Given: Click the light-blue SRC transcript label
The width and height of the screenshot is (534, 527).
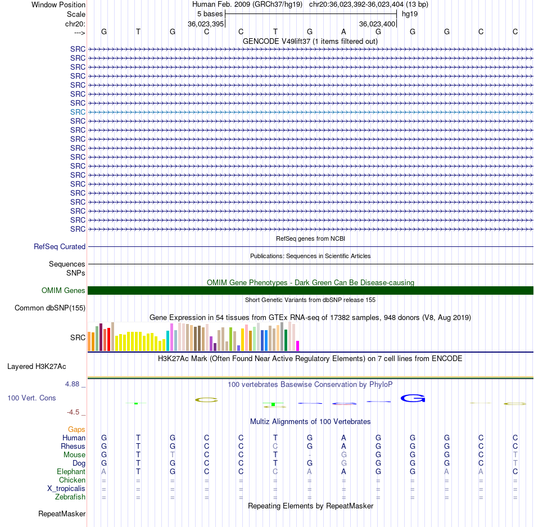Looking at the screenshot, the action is point(78,112).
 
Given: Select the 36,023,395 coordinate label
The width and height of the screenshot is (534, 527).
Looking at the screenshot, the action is point(206,24).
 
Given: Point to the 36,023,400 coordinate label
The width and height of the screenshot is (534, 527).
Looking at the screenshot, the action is point(377,24).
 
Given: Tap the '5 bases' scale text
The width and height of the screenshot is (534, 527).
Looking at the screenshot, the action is point(210,14).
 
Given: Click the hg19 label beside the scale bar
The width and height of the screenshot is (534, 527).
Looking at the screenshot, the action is point(410,14).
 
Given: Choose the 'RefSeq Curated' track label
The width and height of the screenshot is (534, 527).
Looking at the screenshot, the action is point(60,247).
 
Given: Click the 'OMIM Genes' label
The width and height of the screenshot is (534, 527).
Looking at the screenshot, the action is point(64,291).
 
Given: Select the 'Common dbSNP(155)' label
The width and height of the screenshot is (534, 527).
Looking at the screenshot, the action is point(50,308).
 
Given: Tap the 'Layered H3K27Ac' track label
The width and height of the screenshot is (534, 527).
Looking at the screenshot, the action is point(37,367).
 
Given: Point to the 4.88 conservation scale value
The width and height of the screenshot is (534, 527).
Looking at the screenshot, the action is point(72,384).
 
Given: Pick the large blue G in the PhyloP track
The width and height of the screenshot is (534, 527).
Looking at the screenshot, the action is point(413,398).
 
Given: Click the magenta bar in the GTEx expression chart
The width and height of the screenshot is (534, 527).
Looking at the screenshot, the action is point(298,346).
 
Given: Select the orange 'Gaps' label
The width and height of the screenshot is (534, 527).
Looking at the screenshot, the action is point(76,429).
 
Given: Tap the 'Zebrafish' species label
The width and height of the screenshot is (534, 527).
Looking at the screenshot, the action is point(70,497).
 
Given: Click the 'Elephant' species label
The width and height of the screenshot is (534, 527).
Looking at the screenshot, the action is point(71,471).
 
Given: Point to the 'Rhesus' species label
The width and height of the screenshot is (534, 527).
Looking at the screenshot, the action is point(73,446).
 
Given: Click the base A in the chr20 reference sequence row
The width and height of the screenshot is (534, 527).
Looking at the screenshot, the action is point(343,31).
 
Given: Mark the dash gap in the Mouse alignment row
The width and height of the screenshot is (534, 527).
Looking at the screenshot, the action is point(310,455).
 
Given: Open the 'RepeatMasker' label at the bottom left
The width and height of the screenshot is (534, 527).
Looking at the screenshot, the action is point(62,514).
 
